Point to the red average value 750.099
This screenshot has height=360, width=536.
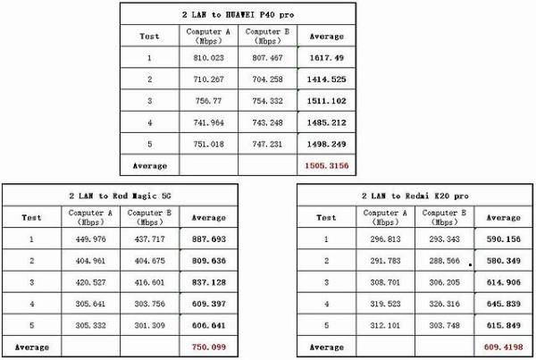(208, 346)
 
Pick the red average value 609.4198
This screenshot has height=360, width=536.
(502, 346)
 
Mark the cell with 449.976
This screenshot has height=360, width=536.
(91, 239)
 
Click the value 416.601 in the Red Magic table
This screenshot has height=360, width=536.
(149, 281)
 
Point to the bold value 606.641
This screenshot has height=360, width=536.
(208, 324)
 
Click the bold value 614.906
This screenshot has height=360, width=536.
(502, 281)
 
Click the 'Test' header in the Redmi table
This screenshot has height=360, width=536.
(327, 217)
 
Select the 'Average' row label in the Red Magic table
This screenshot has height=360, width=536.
(32, 346)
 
